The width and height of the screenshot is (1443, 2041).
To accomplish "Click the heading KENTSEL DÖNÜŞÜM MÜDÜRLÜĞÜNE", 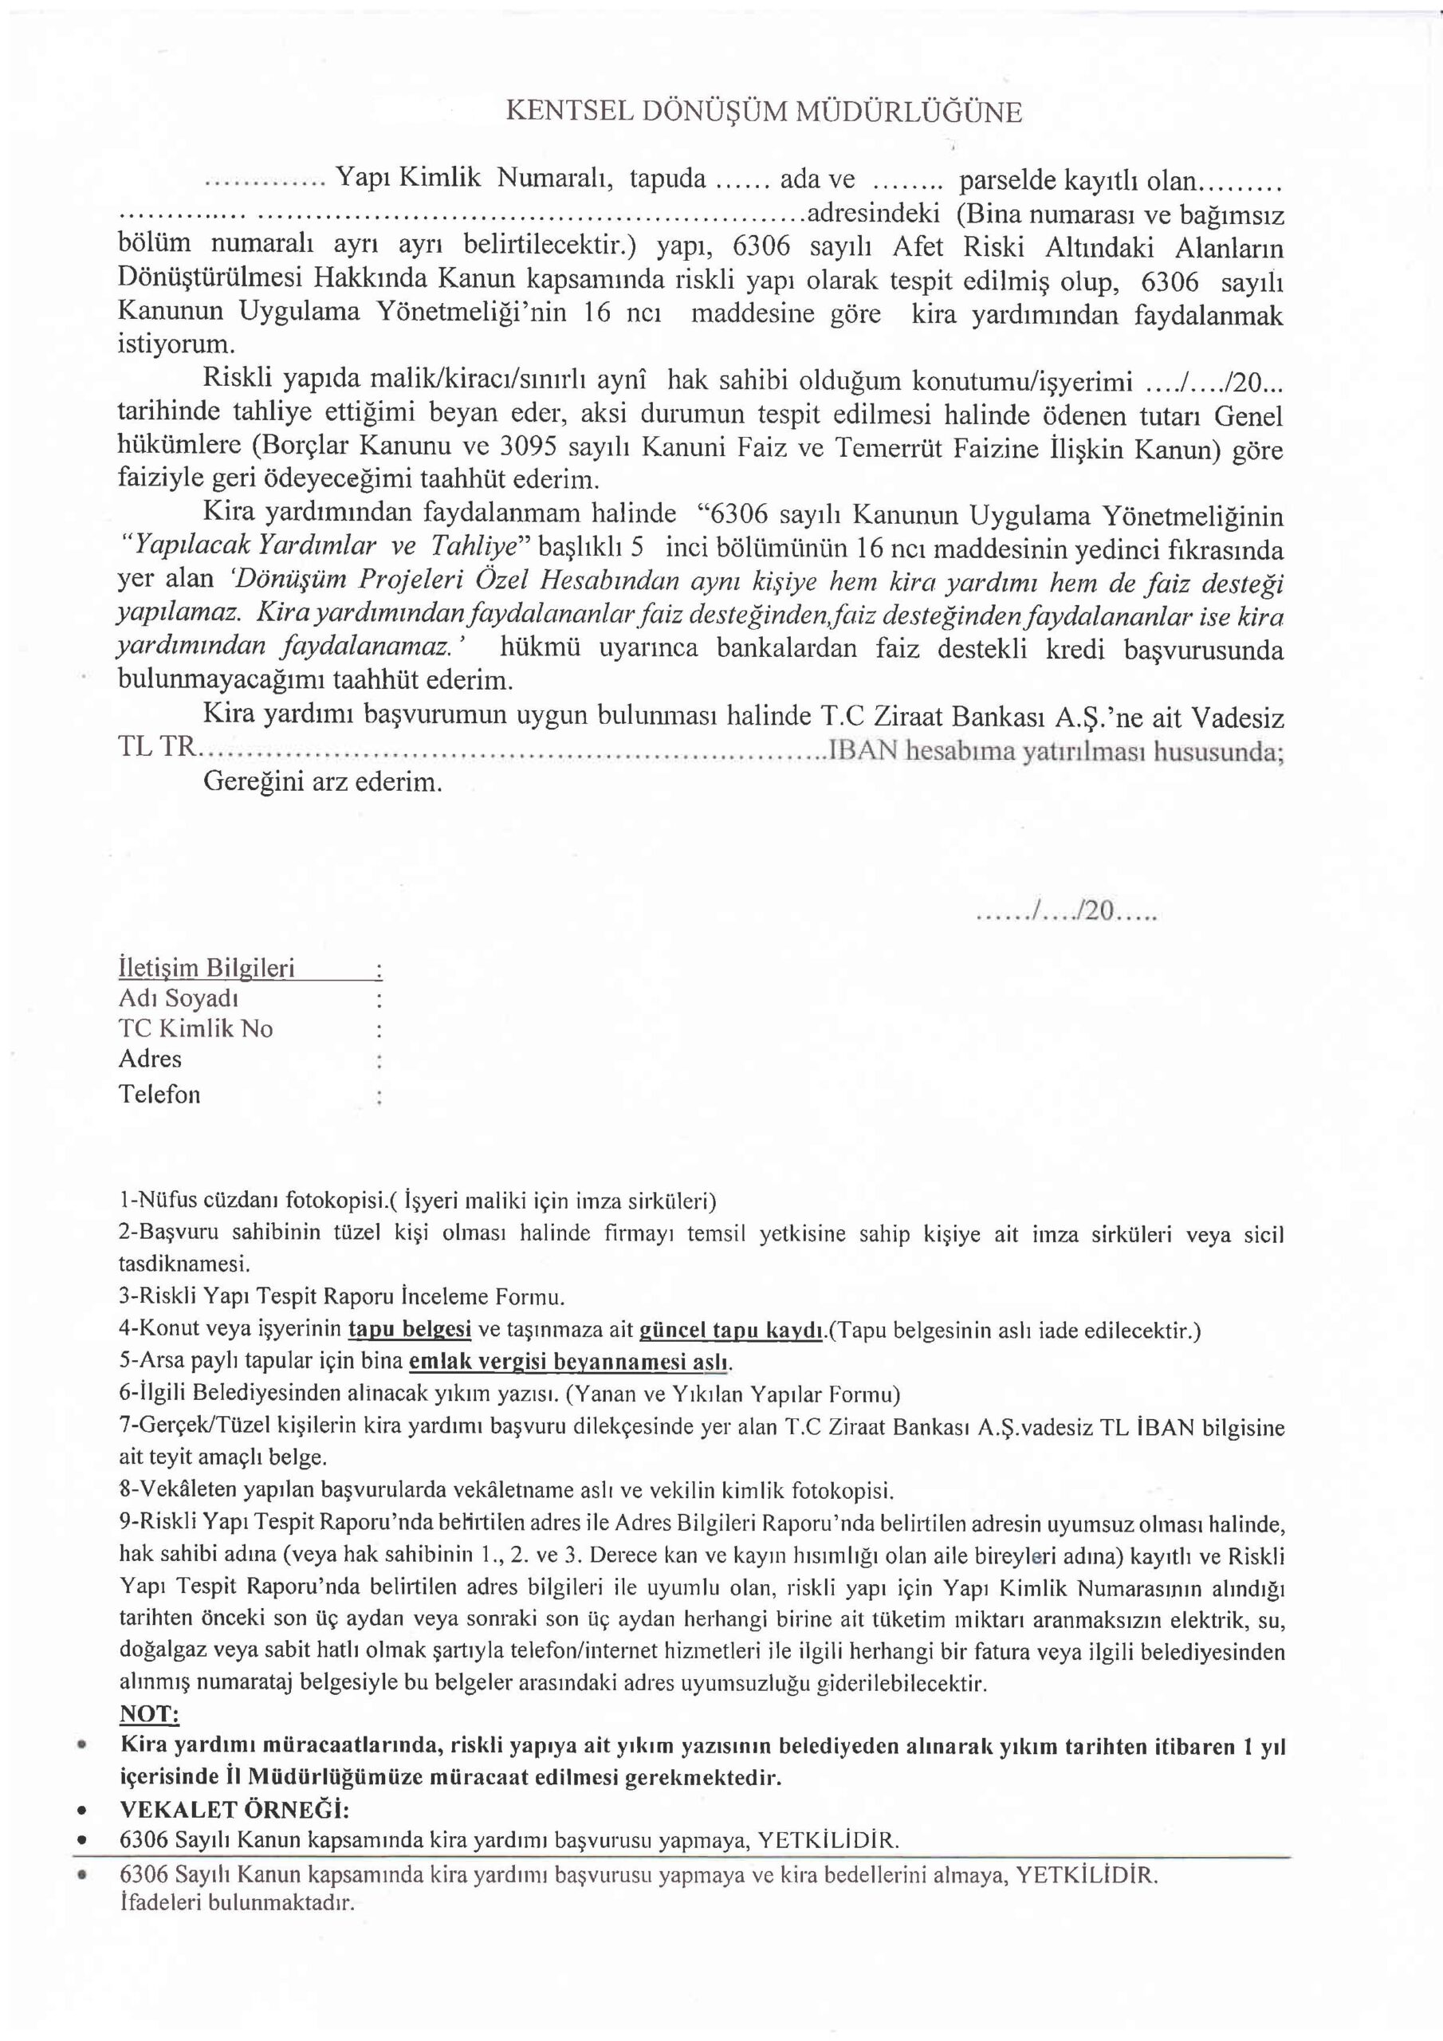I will (764, 112).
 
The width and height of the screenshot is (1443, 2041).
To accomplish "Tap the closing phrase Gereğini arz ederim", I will (323, 782).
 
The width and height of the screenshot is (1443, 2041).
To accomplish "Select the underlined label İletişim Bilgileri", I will (206, 968).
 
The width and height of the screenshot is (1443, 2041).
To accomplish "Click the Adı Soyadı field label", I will (178, 998).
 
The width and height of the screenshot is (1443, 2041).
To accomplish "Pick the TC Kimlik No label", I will (195, 1028).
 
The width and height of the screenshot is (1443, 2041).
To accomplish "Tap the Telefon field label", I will (160, 1095).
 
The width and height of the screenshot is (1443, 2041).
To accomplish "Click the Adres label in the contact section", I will (150, 1059).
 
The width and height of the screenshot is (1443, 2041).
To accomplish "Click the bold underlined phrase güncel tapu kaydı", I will (731, 1330).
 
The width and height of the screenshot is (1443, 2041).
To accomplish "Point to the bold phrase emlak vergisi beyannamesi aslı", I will (569, 1362).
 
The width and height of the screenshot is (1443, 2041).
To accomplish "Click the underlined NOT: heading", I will (149, 1714).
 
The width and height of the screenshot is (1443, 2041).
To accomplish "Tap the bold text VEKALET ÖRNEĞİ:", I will (234, 1810).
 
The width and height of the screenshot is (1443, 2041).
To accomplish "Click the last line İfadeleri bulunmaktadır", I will (237, 1903).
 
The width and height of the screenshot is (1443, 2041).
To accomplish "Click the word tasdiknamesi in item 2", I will (184, 1263).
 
